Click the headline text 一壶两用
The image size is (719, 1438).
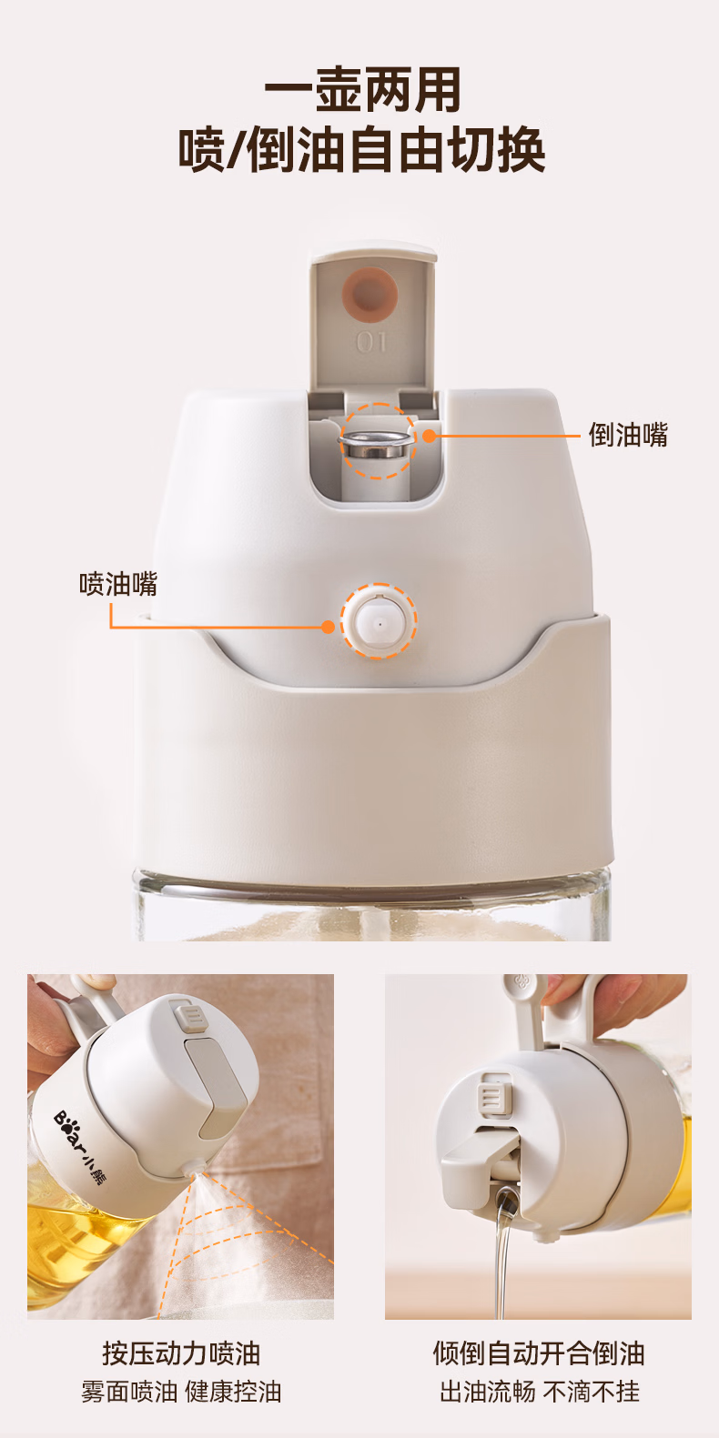click(x=362, y=90)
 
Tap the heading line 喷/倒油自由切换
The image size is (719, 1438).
click(x=361, y=150)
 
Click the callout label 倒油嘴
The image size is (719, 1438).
click(x=628, y=435)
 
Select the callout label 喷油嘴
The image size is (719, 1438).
click(x=118, y=584)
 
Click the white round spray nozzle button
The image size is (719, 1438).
click(x=379, y=621)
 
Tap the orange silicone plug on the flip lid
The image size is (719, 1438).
click(x=370, y=294)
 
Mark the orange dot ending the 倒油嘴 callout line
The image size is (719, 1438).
click(x=430, y=436)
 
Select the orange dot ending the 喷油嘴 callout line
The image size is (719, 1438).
click(x=328, y=627)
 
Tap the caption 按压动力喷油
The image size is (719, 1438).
click(x=181, y=1353)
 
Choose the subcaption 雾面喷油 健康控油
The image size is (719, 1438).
click(x=181, y=1392)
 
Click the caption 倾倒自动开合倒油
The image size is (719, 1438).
click(x=539, y=1353)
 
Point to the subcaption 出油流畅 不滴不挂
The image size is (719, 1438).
click(x=540, y=1392)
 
